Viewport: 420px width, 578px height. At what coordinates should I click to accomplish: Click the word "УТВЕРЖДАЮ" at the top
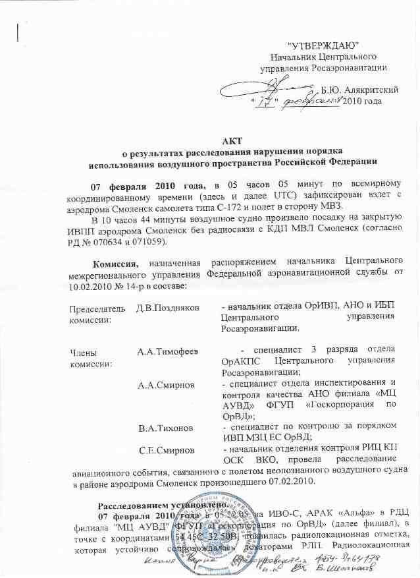(x=323, y=45)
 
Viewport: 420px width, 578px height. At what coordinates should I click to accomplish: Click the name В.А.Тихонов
(x=162, y=429)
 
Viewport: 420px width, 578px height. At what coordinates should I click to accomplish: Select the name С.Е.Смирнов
(x=167, y=450)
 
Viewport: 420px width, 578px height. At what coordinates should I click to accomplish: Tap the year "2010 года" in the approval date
(x=363, y=101)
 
